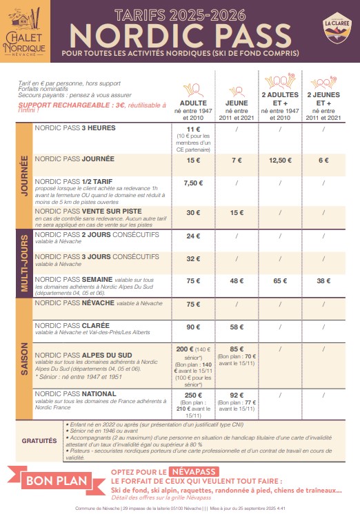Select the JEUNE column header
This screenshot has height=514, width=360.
[x=237, y=103]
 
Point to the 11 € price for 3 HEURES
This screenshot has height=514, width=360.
[x=193, y=129]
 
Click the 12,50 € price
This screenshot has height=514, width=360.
[x=281, y=160]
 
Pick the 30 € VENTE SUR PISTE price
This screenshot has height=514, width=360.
[x=193, y=213]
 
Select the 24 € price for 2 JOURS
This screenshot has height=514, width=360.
[x=193, y=236]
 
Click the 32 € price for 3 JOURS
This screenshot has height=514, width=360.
[x=193, y=259]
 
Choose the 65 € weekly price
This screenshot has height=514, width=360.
[x=281, y=280]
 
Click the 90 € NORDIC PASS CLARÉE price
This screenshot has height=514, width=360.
[x=193, y=327]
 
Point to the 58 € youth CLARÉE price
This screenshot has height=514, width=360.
[x=237, y=327]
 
